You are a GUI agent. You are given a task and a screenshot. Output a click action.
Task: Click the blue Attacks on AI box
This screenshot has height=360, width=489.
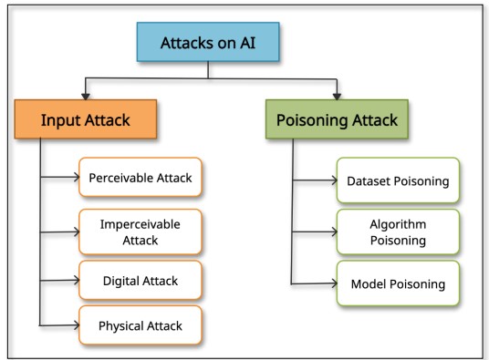(x=207, y=42)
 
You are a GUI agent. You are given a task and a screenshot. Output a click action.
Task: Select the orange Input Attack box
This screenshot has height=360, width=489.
(x=86, y=119)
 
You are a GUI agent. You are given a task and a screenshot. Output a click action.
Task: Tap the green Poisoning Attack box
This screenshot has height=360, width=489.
(x=338, y=119)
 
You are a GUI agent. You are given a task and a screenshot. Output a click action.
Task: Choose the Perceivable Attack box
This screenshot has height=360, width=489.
(x=140, y=178)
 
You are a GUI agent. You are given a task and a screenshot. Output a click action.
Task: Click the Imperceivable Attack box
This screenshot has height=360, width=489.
(x=140, y=231)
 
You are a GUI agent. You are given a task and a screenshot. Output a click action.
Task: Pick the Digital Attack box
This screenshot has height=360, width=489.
(x=140, y=280)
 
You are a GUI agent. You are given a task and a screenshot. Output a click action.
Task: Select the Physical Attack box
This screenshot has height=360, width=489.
(x=140, y=325)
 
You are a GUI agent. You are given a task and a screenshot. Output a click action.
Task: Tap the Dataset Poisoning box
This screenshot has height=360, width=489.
(x=397, y=180)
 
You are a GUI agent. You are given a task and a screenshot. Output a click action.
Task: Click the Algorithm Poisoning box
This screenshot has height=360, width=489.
(x=397, y=231)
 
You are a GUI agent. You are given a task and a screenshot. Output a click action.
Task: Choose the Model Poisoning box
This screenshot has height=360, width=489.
(x=397, y=283)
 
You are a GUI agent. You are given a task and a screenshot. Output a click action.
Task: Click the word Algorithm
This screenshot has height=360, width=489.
(x=398, y=223)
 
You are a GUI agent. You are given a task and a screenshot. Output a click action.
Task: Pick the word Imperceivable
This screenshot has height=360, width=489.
(x=140, y=223)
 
